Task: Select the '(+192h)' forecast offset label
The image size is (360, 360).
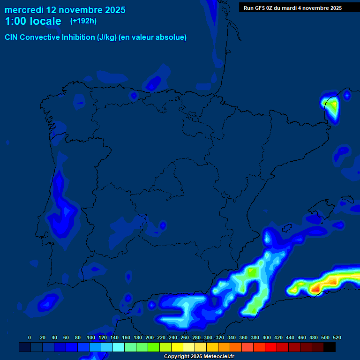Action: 83,21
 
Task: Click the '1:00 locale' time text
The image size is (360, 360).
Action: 33,22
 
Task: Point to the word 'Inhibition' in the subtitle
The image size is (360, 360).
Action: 78,37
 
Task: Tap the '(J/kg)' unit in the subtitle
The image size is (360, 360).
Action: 107,37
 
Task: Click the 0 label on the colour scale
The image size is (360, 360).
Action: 30,337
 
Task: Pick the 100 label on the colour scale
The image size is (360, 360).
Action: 91,337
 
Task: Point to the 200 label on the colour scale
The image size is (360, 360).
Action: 150,337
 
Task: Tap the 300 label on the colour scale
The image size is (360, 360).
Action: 208,337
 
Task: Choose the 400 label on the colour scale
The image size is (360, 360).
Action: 267,337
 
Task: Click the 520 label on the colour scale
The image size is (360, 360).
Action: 337,337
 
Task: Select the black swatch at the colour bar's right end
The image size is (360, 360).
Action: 330,347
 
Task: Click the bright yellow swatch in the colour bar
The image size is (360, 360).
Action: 177,347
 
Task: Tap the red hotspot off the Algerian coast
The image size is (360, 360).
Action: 315,289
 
